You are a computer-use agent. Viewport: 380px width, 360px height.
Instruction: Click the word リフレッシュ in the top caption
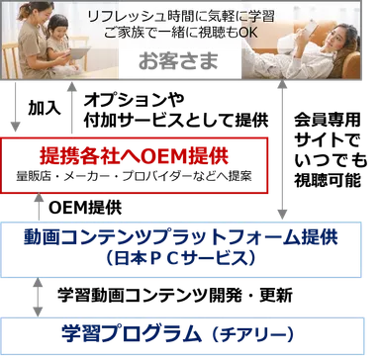115,17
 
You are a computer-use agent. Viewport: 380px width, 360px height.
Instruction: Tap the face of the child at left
56,35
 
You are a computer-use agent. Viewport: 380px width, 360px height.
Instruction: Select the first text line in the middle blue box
183,236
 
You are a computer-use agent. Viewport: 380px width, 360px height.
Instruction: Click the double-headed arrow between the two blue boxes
38,296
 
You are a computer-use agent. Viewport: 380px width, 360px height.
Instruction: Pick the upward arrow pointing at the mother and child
67,110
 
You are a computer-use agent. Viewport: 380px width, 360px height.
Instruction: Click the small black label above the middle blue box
87,212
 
